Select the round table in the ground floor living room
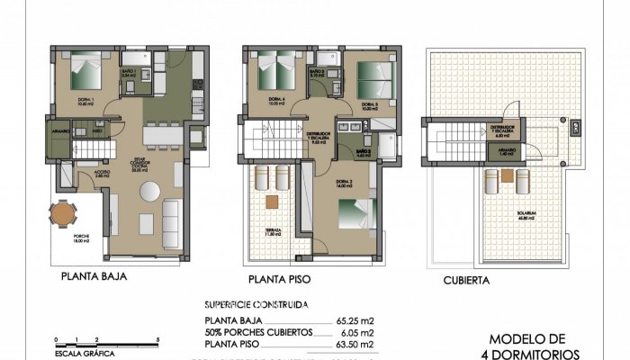tap(150, 193)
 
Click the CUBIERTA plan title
tap(466, 281)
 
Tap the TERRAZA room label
tap(274, 232)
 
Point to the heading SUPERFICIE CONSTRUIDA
tap(256, 304)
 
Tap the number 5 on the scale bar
tap(158, 339)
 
